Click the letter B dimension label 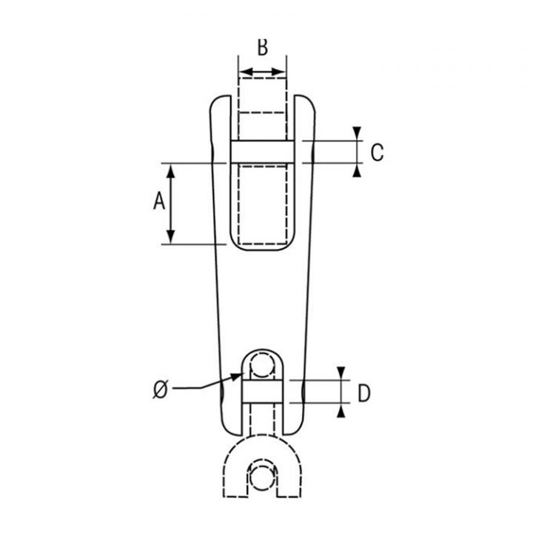(262, 47)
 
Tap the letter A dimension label (159, 201)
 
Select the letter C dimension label (377, 152)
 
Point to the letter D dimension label (364, 393)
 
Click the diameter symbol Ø (160, 389)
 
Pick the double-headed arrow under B (262, 72)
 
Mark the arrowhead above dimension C (357, 133)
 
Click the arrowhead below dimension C (357, 170)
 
